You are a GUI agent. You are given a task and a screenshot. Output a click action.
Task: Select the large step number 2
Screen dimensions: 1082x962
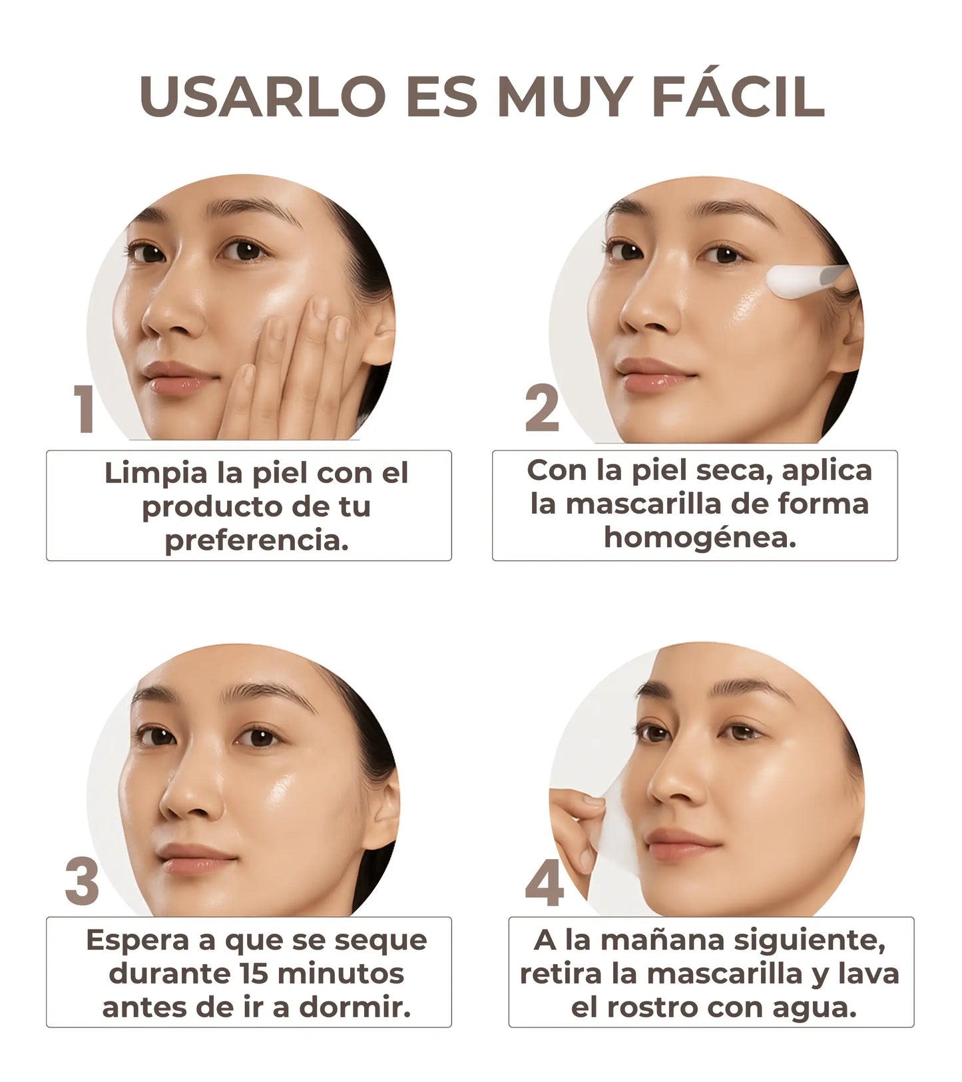pos(543,408)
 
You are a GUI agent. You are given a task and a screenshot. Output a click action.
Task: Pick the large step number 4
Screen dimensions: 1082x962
pos(545,885)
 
